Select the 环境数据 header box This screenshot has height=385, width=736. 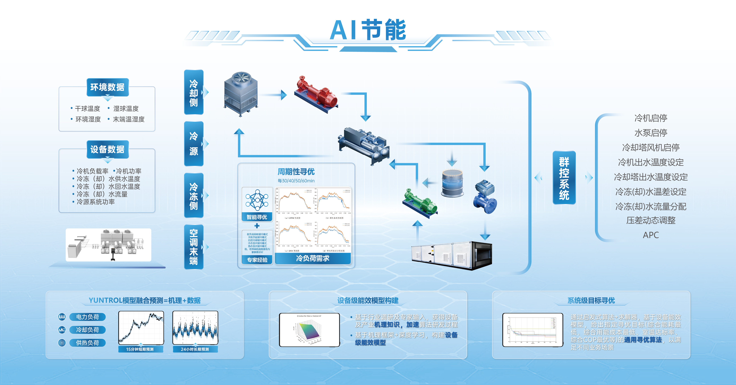coord(107,87)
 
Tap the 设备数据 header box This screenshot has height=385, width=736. coord(107,149)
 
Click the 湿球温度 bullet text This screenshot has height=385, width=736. coord(126,109)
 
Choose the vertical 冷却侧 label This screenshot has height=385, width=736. coord(194,92)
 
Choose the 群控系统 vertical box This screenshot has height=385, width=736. coord(564,178)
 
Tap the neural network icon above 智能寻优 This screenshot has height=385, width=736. coord(257,200)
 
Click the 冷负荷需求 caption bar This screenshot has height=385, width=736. coord(313,258)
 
